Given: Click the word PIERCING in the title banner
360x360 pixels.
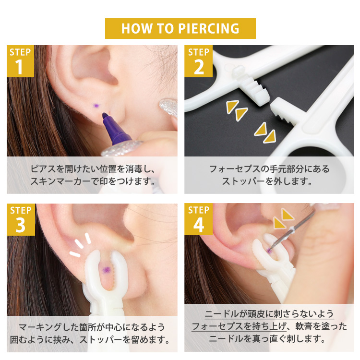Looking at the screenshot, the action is click(x=209, y=28).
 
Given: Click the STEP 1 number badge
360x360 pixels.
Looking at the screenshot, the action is click(x=20, y=61).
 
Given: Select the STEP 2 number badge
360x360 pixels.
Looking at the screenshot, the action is click(x=198, y=61).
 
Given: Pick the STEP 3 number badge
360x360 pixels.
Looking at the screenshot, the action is click(x=21, y=219).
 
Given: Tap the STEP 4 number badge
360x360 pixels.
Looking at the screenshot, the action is click(x=198, y=219).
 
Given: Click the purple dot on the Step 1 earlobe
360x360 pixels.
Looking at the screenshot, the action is click(x=96, y=106).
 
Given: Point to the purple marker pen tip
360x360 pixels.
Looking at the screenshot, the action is click(x=105, y=115).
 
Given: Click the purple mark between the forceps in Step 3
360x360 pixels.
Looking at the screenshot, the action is click(x=106, y=270).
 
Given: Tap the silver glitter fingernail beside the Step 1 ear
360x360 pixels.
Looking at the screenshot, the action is click(x=169, y=107).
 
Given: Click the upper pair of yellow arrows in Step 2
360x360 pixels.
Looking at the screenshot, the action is click(x=237, y=110).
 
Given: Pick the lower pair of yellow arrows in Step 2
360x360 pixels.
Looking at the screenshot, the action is click(x=265, y=132).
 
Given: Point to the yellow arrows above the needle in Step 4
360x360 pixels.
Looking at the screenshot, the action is click(x=283, y=218).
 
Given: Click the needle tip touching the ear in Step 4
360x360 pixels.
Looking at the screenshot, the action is click(x=270, y=249).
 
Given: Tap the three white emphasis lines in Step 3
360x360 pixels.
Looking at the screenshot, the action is click(x=80, y=244).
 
